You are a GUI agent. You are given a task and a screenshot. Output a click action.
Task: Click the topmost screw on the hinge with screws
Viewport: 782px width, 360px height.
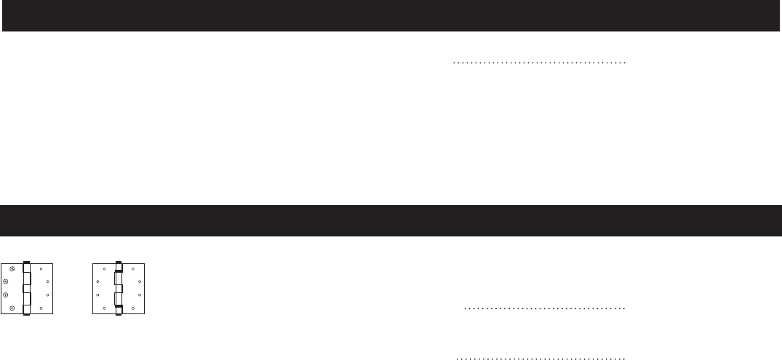point(12,268)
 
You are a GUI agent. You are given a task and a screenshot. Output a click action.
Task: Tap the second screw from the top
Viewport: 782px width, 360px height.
point(7,281)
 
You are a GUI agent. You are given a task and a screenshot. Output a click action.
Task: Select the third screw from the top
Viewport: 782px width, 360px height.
point(7,295)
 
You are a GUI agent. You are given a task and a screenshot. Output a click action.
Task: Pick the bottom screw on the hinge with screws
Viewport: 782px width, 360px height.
point(12,308)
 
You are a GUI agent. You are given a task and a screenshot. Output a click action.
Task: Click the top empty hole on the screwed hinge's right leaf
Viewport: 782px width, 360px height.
point(41,269)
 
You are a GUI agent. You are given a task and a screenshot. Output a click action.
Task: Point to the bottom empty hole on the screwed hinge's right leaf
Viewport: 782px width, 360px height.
point(41,308)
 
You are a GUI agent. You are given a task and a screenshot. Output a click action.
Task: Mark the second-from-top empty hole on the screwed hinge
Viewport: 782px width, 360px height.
point(47,281)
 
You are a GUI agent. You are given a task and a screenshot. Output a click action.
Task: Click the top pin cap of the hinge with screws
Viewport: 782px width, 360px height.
point(27,262)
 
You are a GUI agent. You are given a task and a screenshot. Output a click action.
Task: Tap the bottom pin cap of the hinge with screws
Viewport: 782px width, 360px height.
point(27,315)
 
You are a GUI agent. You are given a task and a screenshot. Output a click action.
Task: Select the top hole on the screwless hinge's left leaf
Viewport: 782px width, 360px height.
point(104,269)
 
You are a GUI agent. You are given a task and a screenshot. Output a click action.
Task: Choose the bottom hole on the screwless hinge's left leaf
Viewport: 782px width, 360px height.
point(104,308)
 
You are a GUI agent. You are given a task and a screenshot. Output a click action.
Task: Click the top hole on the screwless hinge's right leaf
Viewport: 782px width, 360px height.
point(132,269)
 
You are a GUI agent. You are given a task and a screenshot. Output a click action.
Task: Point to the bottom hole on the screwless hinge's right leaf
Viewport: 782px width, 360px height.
point(132,308)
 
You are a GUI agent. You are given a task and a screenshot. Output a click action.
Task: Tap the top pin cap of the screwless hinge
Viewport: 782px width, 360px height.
point(119,262)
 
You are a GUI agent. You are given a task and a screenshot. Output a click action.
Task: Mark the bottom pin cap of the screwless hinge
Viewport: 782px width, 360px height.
point(119,315)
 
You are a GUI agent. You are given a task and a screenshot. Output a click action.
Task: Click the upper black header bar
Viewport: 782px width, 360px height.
point(391,15)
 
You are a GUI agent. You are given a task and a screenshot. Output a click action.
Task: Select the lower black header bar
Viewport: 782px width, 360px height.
point(391,220)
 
